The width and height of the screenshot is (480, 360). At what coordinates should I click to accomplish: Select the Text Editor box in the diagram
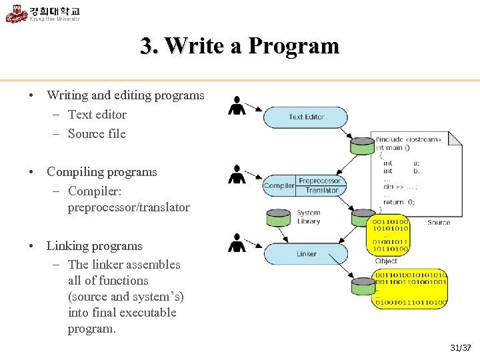tap(306, 117)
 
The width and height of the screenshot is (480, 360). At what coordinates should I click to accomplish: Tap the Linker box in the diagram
tap(306, 254)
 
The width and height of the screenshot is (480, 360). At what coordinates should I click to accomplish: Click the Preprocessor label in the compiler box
tap(320, 181)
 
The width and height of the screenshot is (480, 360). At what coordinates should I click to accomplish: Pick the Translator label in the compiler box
tap(321, 191)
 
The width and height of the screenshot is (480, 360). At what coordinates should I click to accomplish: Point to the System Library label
tap(309, 217)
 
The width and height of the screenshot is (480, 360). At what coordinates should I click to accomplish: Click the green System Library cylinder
tap(278, 217)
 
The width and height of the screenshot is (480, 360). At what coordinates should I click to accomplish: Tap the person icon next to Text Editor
tap(236, 105)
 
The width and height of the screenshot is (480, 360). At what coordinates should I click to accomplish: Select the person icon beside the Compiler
tap(237, 174)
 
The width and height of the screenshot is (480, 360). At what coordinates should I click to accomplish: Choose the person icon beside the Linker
tap(236, 243)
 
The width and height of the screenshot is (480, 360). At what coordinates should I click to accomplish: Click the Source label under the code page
tap(439, 222)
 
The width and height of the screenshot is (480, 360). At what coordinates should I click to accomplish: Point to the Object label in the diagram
tap(386, 261)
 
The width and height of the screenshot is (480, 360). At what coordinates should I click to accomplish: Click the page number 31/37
tap(461, 347)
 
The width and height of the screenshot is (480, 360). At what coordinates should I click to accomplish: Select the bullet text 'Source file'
tap(97, 133)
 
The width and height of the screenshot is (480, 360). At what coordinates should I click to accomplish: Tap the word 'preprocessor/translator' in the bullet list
tap(129, 207)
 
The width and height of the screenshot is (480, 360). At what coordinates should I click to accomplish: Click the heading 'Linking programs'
tap(94, 246)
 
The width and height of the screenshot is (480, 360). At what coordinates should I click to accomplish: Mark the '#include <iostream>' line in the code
tap(407, 140)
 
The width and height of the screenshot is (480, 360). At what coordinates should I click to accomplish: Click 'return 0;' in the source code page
tap(399, 201)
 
